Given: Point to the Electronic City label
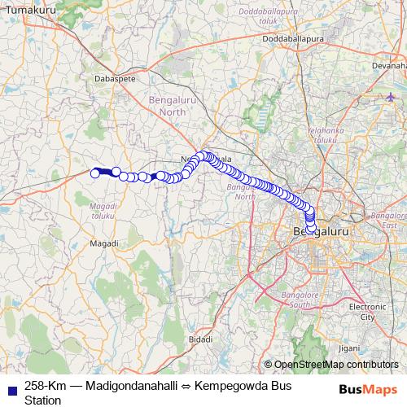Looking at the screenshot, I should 361,311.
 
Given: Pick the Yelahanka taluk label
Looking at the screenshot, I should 321,134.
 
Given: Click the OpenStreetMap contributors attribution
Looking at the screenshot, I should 335,365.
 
